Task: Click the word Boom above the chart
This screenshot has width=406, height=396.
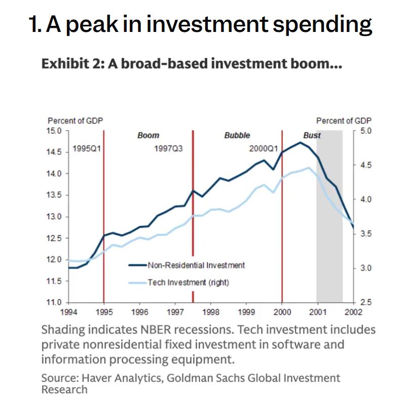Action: click(x=148, y=135)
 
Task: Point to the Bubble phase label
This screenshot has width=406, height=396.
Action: click(x=237, y=135)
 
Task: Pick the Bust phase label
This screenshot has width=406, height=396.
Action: click(x=312, y=135)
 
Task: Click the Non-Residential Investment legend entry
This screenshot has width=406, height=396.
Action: click(x=196, y=265)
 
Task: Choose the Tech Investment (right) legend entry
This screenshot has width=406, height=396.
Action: click(x=188, y=282)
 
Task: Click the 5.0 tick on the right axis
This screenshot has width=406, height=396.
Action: click(x=365, y=131)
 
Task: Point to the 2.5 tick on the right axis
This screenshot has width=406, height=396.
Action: click(x=365, y=302)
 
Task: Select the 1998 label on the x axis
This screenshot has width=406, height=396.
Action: click(x=211, y=311)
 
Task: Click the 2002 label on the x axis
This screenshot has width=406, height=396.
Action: click(x=354, y=311)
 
